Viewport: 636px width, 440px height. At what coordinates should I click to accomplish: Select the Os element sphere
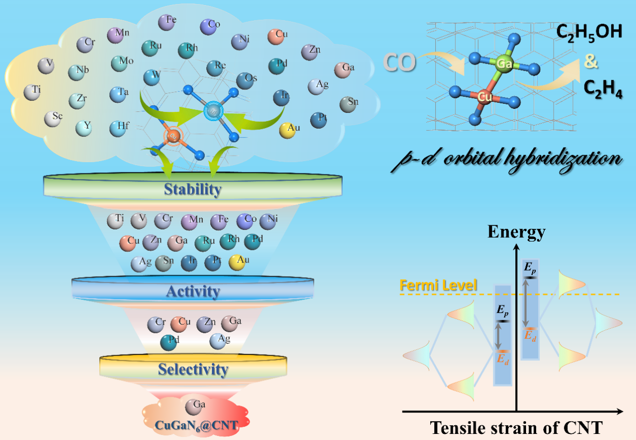[x=245, y=80]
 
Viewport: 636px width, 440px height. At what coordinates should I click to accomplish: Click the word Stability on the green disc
[x=192, y=190]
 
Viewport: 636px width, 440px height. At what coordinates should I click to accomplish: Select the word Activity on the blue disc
[x=192, y=291]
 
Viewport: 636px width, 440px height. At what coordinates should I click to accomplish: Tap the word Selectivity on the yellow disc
[x=192, y=369]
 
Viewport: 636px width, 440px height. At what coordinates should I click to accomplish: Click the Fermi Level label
[x=438, y=285]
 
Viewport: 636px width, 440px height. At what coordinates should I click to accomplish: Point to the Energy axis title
[x=516, y=232]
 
